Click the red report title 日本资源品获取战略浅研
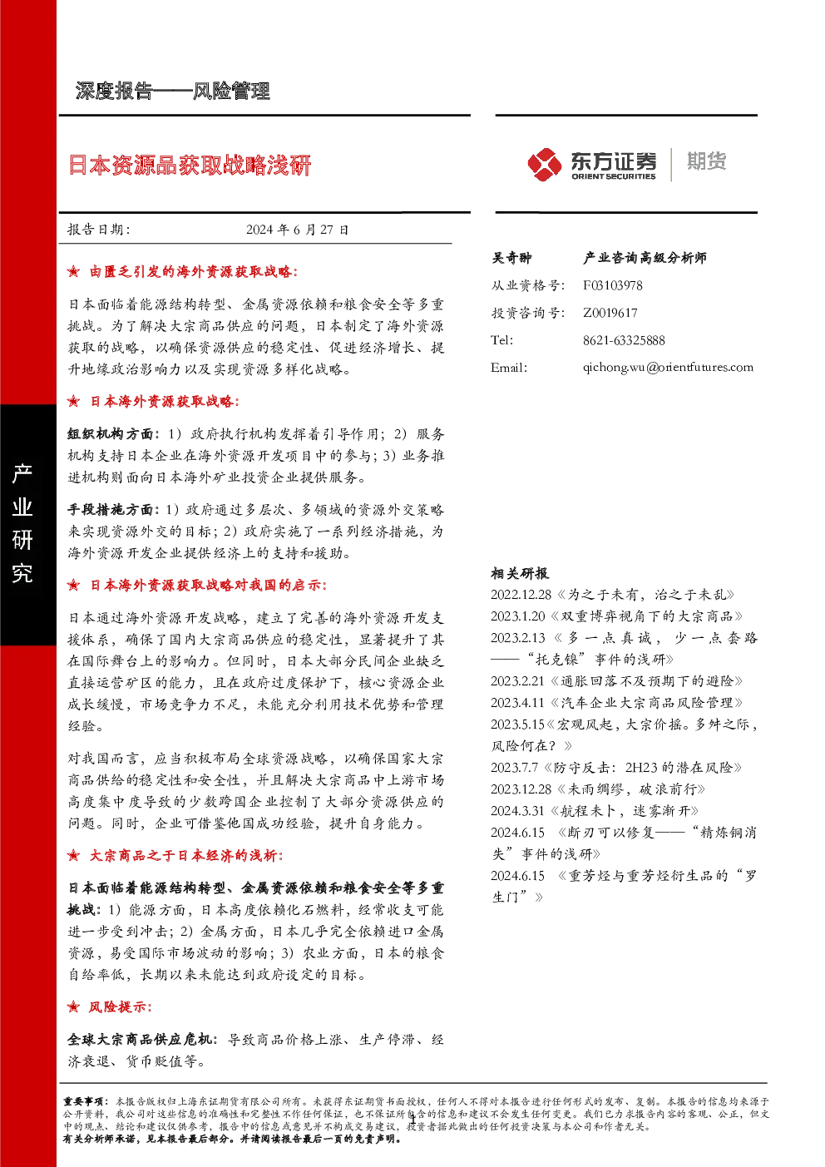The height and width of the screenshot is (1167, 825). [190, 166]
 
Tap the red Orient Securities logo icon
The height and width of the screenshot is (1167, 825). [544, 165]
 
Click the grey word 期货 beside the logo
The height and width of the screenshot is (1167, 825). [706, 161]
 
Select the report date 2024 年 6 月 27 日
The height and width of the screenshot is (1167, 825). [298, 230]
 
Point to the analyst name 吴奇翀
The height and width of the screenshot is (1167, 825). [511, 258]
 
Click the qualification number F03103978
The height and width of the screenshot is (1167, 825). [612, 285]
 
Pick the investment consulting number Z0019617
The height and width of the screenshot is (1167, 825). [610, 313]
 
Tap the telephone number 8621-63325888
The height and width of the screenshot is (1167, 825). [624, 340]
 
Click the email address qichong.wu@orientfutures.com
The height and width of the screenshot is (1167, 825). [668, 368]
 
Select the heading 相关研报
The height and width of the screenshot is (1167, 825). [520, 574]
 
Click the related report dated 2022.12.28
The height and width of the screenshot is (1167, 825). [612, 595]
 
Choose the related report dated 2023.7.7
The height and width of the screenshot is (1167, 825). [616, 768]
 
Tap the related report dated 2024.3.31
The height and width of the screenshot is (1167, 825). [595, 811]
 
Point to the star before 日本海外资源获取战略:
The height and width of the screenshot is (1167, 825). [74, 401]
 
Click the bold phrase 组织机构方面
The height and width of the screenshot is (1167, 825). [111, 434]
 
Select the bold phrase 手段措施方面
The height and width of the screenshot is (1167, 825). [111, 510]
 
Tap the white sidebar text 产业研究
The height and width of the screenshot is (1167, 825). [22, 523]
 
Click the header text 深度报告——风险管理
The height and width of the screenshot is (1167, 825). [172, 91]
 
